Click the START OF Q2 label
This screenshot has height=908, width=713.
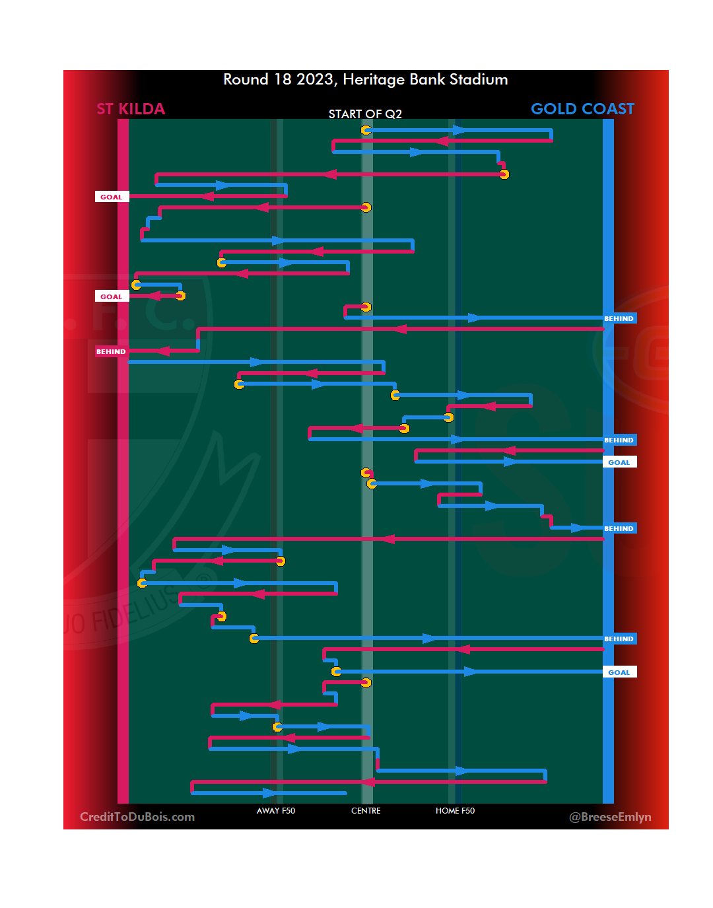pos(365,114)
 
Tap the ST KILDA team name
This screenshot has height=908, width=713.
pos(131,109)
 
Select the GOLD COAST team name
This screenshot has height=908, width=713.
pos(582,109)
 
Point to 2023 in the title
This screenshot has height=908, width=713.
pos(314,80)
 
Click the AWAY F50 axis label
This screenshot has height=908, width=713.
pos(276,811)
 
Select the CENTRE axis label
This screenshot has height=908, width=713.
pos(366,811)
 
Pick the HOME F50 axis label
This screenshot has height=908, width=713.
pos(455,811)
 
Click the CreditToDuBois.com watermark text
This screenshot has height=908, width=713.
pos(137,817)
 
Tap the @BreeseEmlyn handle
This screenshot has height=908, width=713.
pos(610,817)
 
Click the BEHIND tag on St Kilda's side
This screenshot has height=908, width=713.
pos(111,351)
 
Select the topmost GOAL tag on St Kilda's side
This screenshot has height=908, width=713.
pos(112,197)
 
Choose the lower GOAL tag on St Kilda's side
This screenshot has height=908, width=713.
pos(112,297)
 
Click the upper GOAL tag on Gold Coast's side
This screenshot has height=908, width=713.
pos(619,462)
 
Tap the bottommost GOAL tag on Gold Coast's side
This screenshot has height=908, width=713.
pos(619,672)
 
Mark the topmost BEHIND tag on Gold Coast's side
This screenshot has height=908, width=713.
pos(619,318)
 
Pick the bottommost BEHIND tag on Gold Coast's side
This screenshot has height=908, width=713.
pos(619,639)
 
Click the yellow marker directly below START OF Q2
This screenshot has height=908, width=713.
pos(366,130)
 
